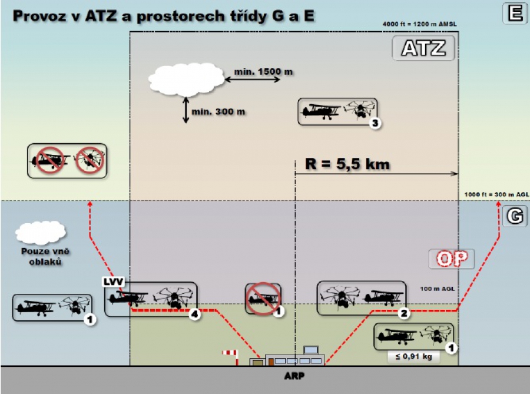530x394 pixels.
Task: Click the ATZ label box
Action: (x=423, y=48)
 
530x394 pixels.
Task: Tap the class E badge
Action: (x=515, y=13)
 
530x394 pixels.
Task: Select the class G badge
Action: (x=515, y=216)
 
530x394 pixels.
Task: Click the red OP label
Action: (x=452, y=259)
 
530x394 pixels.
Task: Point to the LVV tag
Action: (x=113, y=282)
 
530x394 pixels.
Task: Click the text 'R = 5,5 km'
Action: (x=347, y=164)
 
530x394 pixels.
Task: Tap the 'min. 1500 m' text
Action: (x=263, y=72)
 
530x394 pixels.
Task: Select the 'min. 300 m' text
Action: (x=218, y=111)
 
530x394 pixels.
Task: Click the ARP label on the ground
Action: (x=294, y=376)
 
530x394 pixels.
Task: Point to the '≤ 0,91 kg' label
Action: (x=414, y=356)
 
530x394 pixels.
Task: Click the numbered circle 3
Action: (x=375, y=123)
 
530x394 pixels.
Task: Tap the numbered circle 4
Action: (x=195, y=314)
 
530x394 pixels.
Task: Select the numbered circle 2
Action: (x=404, y=313)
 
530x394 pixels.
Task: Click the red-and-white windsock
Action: (x=231, y=357)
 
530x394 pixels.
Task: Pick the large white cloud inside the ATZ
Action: (x=186, y=80)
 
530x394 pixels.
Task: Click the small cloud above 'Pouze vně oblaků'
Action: (x=41, y=233)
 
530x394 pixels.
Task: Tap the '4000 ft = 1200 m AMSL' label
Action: (x=419, y=24)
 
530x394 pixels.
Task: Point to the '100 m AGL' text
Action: (x=437, y=289)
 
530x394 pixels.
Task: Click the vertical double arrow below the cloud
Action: (x=185, y=110)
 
